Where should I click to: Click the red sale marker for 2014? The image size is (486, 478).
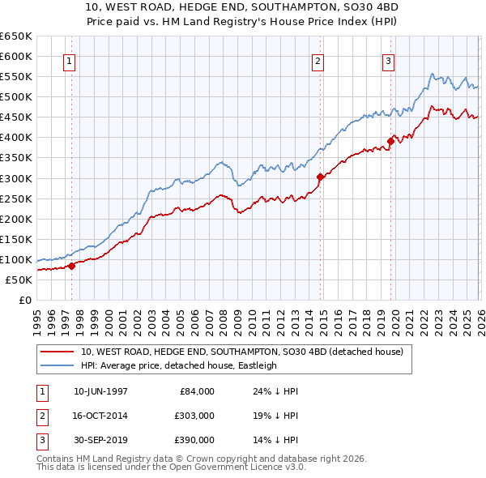tap(321, 176)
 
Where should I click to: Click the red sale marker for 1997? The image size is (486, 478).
tap(71, 265)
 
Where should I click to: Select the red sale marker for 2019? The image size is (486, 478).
tap(390, 141)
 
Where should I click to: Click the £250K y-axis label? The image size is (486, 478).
tap(16, 198)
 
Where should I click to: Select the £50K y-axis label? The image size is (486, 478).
tap(19, 280)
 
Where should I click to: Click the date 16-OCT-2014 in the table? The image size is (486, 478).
tap(100, 416)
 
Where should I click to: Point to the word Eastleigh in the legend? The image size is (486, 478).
tap(255, 365)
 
